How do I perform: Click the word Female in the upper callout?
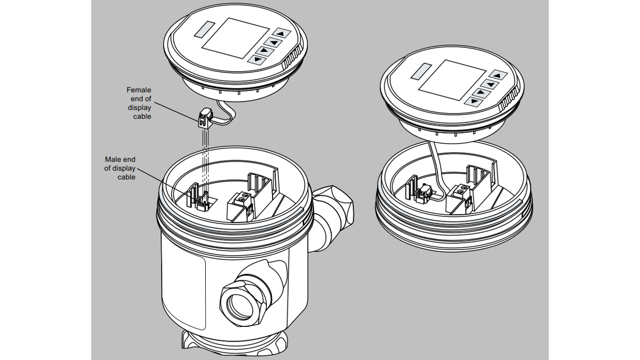click(138, 90)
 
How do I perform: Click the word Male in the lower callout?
click(113, 159)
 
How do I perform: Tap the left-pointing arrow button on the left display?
click(274, 42)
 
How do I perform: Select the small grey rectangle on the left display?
click(204, 29)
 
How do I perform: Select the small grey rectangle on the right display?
click(421, 72)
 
